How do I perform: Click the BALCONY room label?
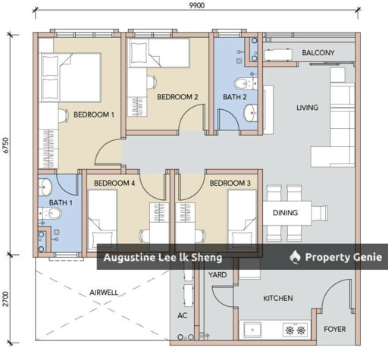(x=318, y=52)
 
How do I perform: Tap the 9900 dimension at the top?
(x=197, y=5)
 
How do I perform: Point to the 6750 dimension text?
(x=5, y=145)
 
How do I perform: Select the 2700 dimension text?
(x=5, y=299)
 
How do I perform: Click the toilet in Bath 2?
(x=246, y=83)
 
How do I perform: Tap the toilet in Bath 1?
(x=50, y=214)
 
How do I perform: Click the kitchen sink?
(x=252, y=330)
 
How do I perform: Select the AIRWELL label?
(x=104, y=293)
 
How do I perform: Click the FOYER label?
(x=335, y=329)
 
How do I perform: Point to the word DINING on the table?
(x=285, y=213)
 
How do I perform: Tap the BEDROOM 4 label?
(x=114, y=183)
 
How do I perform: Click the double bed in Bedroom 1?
(x=70, y=77)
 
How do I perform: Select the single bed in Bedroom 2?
(x=158, y=53)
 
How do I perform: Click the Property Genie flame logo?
(x=295, y=257)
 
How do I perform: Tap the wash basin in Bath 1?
(x=45, y=186)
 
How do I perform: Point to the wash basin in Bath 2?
(x=251, y=112)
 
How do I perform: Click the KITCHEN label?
(x=278, y=299)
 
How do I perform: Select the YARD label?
(x=217, y=274)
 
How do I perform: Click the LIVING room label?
(x=307, y=108)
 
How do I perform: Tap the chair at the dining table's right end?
(x=320, y=213)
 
